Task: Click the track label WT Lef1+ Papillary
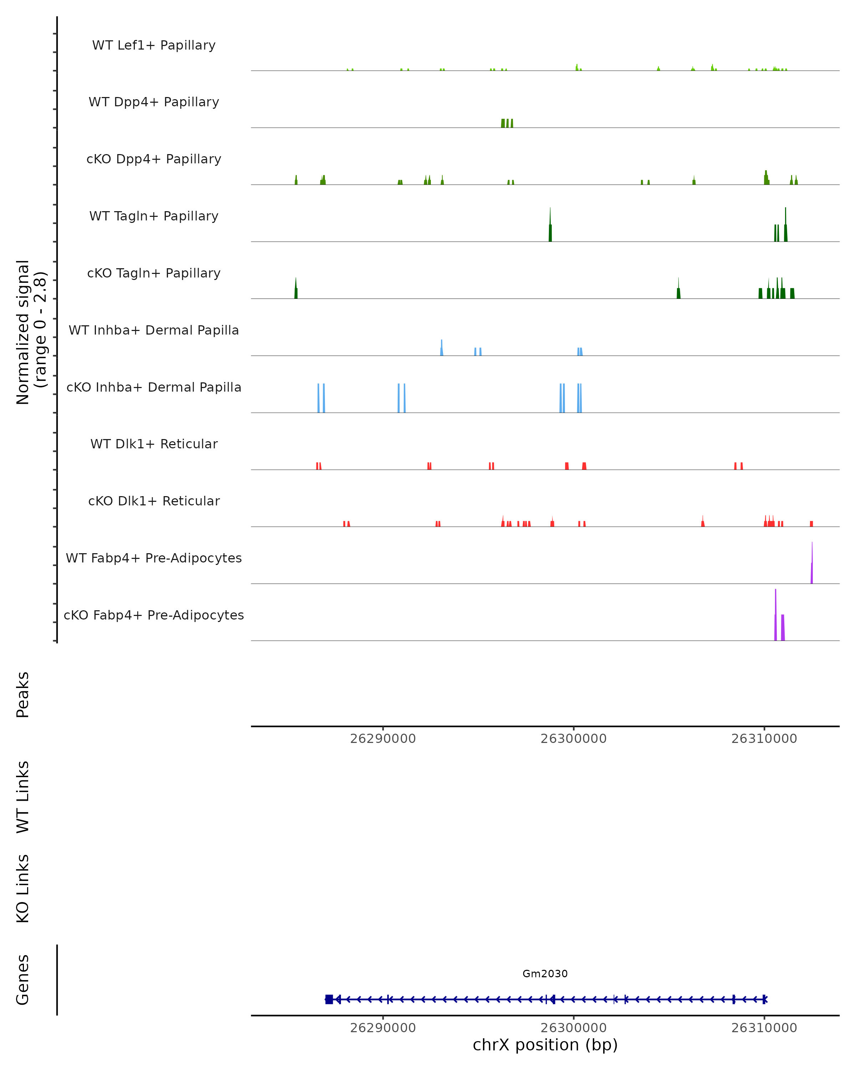click(x=154, y=45)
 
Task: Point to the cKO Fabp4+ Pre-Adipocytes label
click(x=154, y=615)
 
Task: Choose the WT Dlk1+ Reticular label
click(x=154, y=444)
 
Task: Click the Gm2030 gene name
click(x=545, y=974)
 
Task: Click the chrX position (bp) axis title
click(x=545, y=1045)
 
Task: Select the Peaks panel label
click(x=23, y=694)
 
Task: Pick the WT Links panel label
click(x=23, y=796)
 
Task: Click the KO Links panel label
click(x=23, y=888)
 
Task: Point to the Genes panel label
click(x=23, y=980)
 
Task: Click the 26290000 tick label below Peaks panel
click(x=383, y=739)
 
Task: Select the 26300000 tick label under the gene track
click(x=573, y=1028)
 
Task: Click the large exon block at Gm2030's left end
click(x=329, y=999)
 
